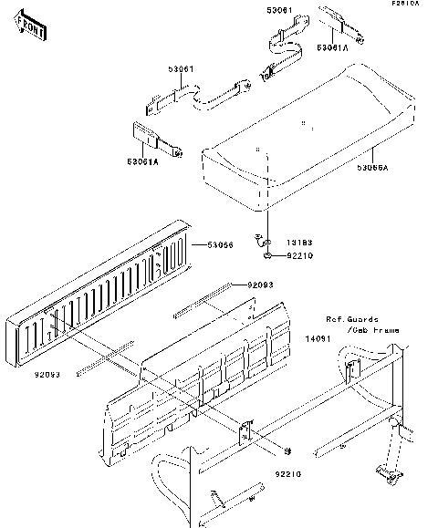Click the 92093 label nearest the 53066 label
[259, 285]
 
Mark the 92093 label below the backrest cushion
[48, 375]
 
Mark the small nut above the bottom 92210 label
[287, 450]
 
